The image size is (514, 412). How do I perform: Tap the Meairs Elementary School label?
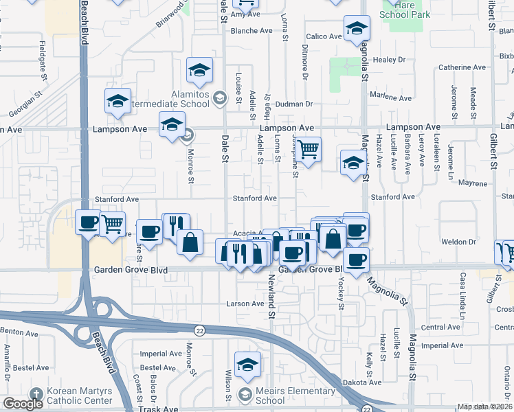pos(269,396)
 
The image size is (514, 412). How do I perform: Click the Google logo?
pos(23,404)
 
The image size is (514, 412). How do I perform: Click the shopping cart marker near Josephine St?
pos(309,148)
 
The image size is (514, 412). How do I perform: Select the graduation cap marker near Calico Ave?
pos(356,28)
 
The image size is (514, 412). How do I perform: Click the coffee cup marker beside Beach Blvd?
pos(88,222)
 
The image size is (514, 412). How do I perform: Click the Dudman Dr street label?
pos(295,104)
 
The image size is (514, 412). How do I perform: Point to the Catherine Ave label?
pos(462,67)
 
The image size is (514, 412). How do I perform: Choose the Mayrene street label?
pos(473,183)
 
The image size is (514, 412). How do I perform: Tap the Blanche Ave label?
pos(252,31)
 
